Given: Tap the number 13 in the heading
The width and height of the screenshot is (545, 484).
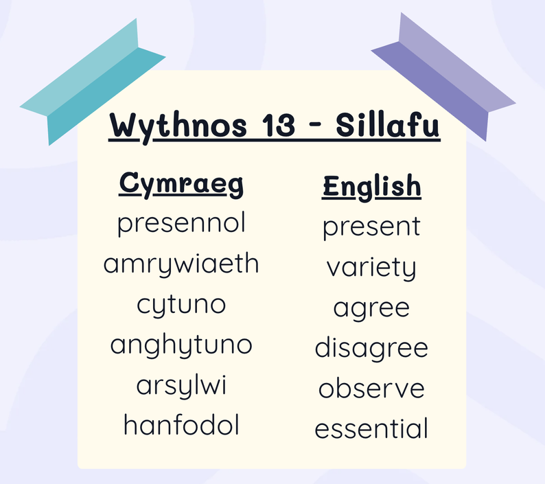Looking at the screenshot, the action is (x=278, y=125).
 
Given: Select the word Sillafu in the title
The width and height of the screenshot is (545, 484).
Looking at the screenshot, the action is (x=388, y=124).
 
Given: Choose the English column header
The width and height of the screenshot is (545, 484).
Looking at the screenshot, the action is (x=371, y=187).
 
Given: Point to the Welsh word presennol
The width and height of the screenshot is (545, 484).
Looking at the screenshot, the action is (x=181, y=224).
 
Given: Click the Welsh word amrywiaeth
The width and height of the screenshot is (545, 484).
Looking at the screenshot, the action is (x=181, y=265).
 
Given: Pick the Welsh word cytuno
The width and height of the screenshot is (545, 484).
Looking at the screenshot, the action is (x=181, y=306).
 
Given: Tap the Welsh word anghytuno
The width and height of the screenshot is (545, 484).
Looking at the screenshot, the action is (x=181, y=345).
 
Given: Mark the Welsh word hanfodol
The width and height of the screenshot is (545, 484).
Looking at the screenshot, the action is (x=181, y=424).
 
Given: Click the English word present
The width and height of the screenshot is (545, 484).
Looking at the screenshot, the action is (x=371, y=227).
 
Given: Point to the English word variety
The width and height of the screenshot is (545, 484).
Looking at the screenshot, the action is (x=371, y=268).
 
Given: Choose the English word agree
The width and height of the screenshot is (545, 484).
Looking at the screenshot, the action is (x=371, y=309).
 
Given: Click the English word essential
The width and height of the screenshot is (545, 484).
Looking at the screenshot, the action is (x=371, y=428).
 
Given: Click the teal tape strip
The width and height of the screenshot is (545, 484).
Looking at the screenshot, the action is (x=93, y=82).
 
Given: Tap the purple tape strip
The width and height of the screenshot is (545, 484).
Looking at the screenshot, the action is (x=443, y=76).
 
